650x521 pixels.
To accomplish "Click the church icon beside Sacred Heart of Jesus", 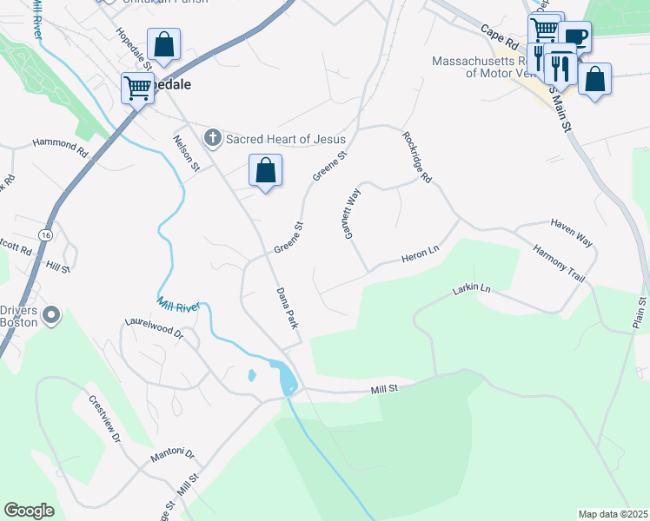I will tap(212, 138).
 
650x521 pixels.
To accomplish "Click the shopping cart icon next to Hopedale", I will tap(137, 87).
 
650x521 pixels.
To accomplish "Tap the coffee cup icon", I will tap(574, 36).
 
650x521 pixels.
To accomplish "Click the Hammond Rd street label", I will tap(61, 145).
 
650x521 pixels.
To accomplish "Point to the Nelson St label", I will tap(186, 153).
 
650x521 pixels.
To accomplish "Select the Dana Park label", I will tap(288, 307).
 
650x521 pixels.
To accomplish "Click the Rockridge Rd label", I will tap(417, 157).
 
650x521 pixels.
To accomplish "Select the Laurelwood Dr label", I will tap(155, 326).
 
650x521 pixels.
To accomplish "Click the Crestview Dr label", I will tap(103, 419).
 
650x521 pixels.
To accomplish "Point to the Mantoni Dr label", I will tap(173, 454).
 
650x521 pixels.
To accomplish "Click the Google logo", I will tap(29, 511).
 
